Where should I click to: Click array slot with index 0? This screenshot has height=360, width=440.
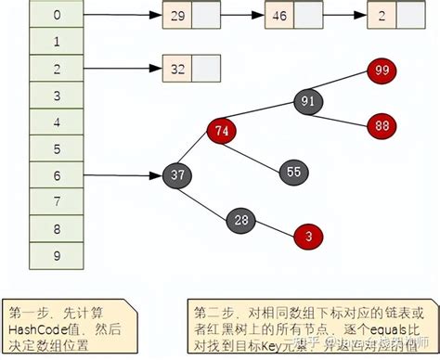[x=58, y=15]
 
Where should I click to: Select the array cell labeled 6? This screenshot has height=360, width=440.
[x=58, y=174]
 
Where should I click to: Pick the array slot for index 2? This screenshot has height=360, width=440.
[x=58, y=68]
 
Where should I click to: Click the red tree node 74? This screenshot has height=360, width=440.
[x=220, y=132]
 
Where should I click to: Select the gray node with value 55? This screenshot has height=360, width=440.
[x=294, y=173]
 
